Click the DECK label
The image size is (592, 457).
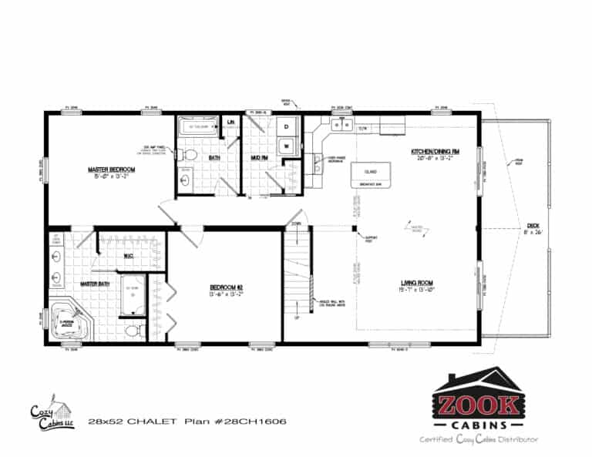533,227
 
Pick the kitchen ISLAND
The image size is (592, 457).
369,173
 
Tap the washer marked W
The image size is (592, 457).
286,145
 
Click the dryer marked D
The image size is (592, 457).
286,125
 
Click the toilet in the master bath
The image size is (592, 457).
133,331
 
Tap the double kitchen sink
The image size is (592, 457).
340,124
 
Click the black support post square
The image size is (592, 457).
354,227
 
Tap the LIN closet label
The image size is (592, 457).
230,122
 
